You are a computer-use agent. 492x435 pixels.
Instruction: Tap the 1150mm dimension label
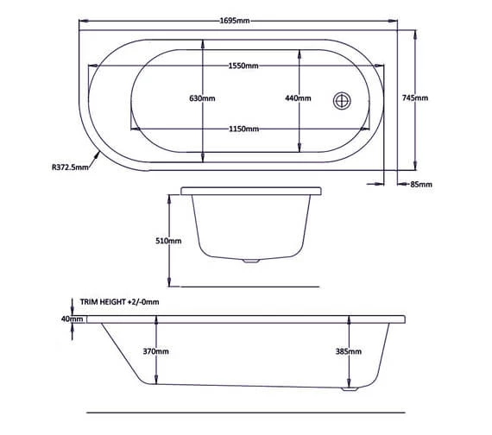click(244, 129)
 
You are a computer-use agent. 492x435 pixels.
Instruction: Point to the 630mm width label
click(202, 98)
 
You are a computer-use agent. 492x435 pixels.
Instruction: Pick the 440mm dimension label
click(298, 98)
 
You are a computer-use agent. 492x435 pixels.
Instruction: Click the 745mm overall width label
click(415, 98)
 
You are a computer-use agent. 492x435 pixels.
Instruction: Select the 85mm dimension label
click(421, 184)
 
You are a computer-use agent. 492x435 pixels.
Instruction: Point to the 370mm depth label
click(156, 351)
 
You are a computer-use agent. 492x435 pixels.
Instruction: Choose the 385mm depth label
click(348, 351)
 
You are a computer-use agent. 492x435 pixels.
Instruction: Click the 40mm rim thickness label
click(73, 318)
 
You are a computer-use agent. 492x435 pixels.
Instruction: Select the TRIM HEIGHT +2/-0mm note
click(120, 302)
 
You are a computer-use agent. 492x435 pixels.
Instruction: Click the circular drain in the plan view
click(343, 99)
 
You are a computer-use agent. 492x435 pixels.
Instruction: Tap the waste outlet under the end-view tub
click(250, 260)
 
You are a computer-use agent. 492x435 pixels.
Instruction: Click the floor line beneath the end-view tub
click(250, 286)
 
